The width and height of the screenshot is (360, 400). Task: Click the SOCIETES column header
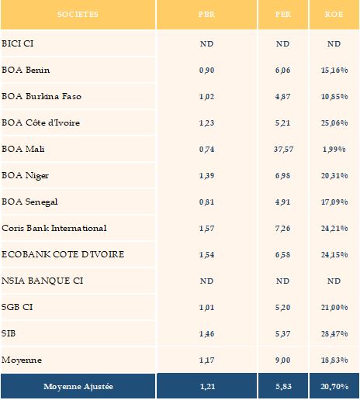tap(78, 14)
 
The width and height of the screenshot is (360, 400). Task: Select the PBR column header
tap(206, 14)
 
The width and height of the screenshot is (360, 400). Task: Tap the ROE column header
tap(334, 14)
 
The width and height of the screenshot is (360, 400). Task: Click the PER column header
tap(283, 14)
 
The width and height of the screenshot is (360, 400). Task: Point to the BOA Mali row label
tap(23, 149)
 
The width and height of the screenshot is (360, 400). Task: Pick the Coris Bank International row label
tap(54, 228)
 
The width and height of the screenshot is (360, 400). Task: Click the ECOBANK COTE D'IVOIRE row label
tap(63, 254)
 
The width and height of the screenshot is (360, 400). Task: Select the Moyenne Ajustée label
tap(78, 387)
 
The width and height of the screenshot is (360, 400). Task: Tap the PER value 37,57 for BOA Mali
tap(283, 150)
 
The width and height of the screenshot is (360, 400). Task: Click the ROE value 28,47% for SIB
tap(334, 334)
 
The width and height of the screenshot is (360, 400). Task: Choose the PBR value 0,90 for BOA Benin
tap(206, 71)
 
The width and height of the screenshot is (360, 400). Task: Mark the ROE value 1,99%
tap(334, 150)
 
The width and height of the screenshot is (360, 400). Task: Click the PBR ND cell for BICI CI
tap(206, 44)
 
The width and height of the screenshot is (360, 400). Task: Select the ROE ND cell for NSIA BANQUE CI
tap(334, 281)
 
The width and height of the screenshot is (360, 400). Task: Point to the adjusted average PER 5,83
tap(283, 387)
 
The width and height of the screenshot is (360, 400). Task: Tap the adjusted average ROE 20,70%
tap(334, 387)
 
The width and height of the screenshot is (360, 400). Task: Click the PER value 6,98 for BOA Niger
tap(282, 176)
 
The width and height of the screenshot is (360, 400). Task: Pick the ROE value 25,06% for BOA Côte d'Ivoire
tap(334, 123)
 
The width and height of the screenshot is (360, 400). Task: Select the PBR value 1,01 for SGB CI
tap(206, 308)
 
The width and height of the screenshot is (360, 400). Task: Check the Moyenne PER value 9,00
tap(282, 360)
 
